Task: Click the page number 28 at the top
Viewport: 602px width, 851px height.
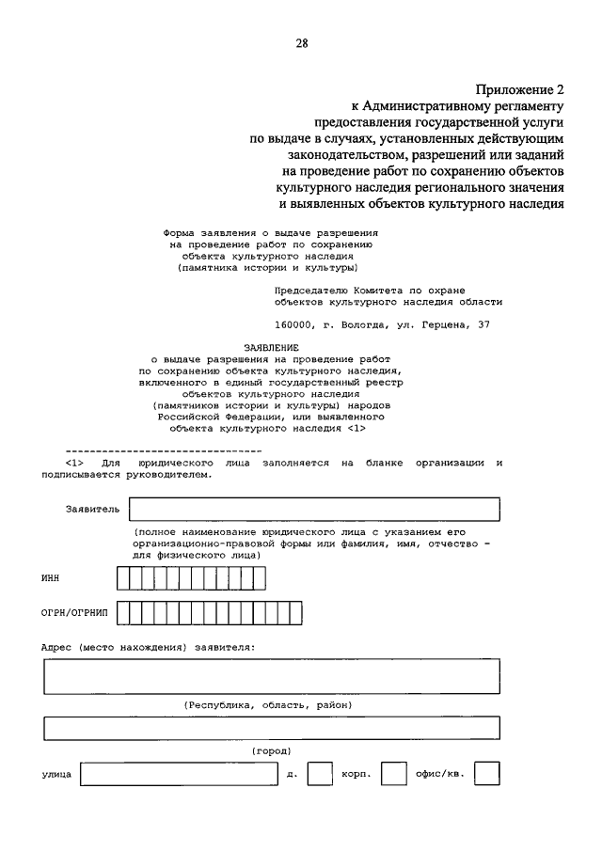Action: pyautogui.click(x=301, y=43)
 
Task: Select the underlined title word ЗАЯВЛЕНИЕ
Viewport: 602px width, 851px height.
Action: pyautogui.click(x=257, y=347)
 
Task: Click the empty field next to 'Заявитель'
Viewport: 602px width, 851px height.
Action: pyautogui.click(x=313, y=509)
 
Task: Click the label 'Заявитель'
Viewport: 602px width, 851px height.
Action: pyautogui.click(x=92, y=509)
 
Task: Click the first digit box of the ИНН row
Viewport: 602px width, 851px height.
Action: pyautogui.click(x=123, y=577)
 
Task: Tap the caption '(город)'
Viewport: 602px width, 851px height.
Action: pyautogui.click(x=271, y=750)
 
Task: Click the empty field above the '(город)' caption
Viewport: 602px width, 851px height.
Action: pyautogui.click(x=271, y=729)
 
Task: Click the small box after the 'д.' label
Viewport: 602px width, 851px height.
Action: pyautogui.click(x=320, y=774)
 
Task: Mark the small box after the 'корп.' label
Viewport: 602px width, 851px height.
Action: pyautogui.click(x=396, y=774)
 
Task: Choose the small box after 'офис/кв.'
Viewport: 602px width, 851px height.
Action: pyautogui.click(x=486, y=774)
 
